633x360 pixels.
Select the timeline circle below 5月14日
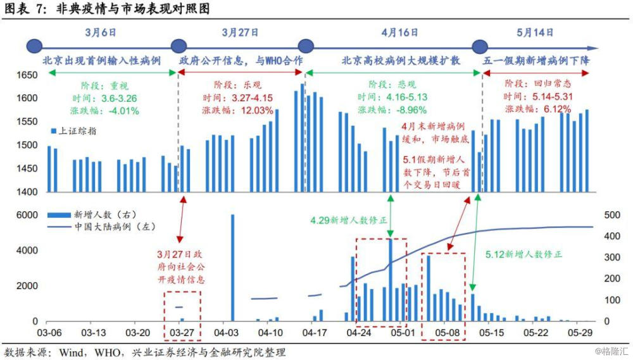[x=480, y=46]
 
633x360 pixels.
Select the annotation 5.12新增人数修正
[x=523, y=254]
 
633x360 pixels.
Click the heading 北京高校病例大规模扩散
[x=401, y=61]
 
